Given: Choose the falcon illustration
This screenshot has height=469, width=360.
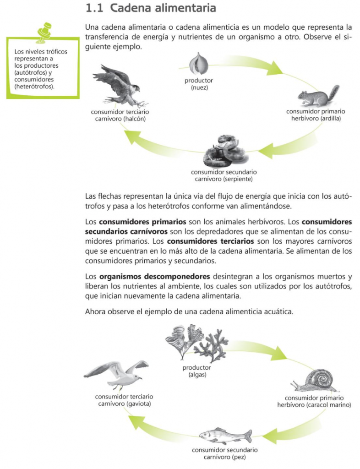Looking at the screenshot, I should tap(118, 85).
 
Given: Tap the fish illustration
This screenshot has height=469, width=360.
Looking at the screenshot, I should tap(225, 435).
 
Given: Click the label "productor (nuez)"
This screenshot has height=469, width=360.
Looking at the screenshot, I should tap(198, 84).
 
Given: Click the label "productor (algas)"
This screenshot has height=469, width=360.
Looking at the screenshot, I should tap(197, 371).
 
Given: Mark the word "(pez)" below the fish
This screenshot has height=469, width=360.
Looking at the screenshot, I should tap(238, 457).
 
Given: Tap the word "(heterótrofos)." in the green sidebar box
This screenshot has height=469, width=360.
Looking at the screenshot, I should tap(34, 85).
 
